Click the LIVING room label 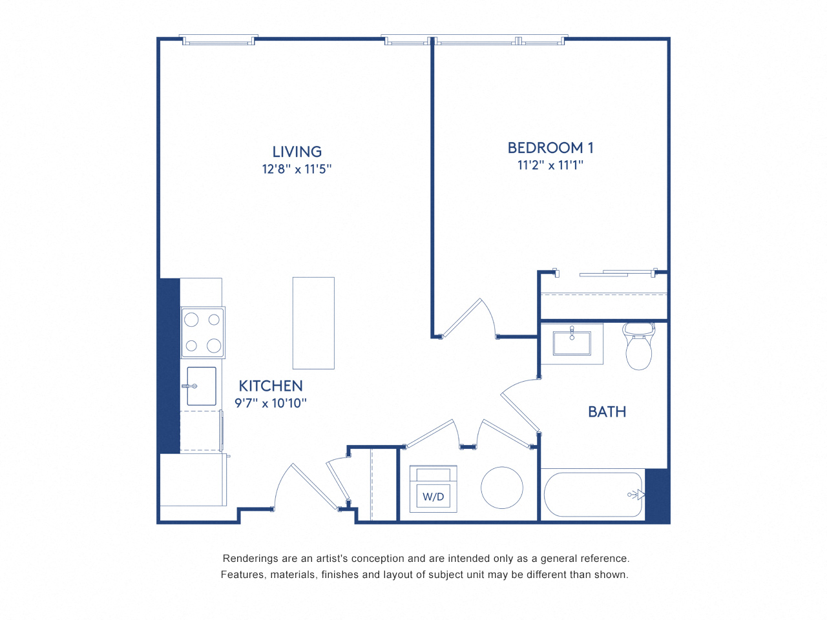coord(297,152)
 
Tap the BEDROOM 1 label coord(550,148)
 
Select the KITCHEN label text coord(271,386)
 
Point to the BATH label coord(607,412)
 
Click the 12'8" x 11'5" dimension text coord(297,169)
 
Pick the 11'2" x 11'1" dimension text coord(550,165)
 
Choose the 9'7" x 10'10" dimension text coord(271,404)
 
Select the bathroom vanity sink coord(572,344)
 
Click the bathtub coord(592,495)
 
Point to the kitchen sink coord(201,386)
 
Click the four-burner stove coord(203,333)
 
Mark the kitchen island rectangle coord(313,323)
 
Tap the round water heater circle coord(502,488)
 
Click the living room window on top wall coord(218,40)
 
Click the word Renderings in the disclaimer coord(250,559)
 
